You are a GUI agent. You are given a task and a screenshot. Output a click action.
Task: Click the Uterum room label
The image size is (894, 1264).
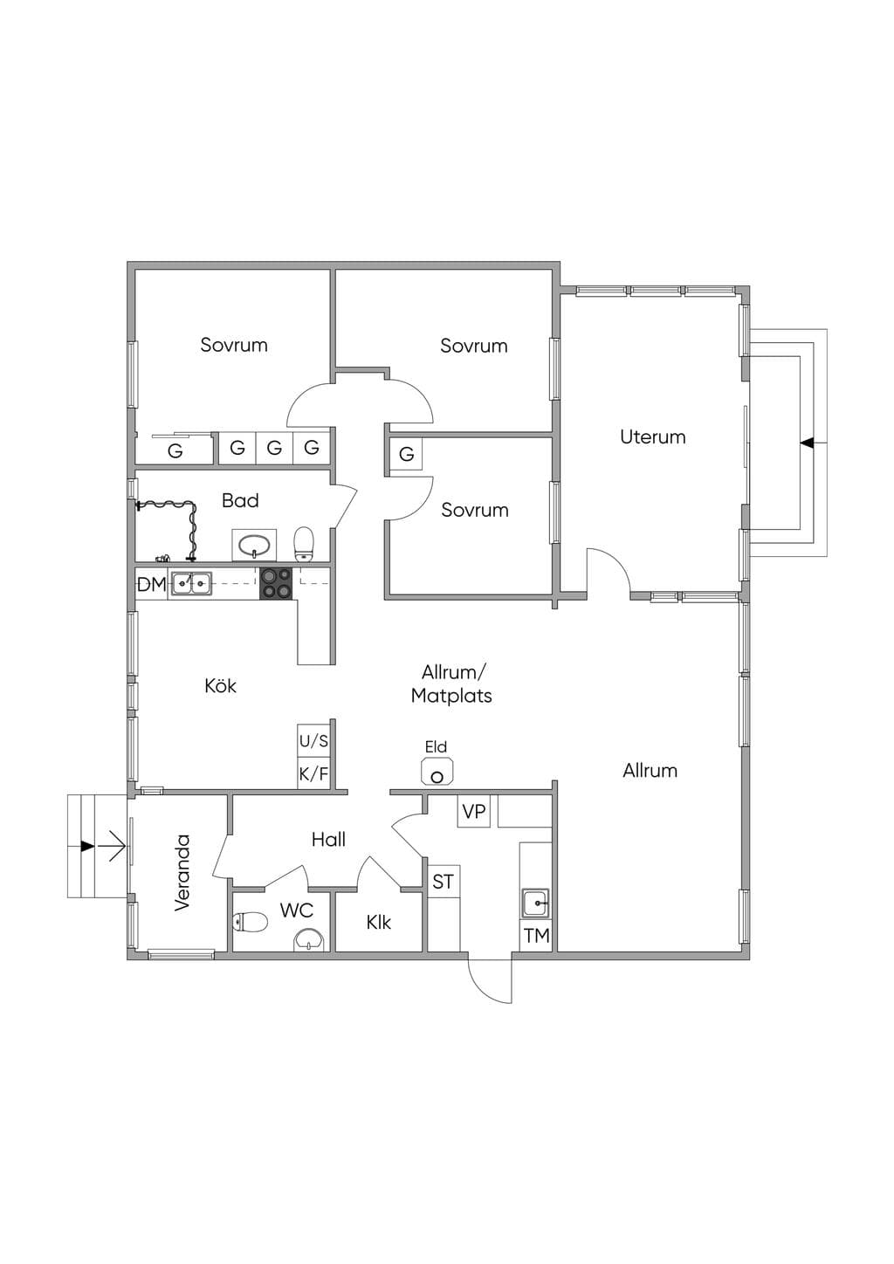click(x=652, y=436)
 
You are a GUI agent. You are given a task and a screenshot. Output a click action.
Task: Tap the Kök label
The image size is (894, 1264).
click(x=220, y=685)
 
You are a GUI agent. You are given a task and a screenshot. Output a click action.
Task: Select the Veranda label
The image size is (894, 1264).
click(x=182, y=872)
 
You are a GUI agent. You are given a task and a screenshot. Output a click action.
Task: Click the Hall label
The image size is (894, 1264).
click(x=328, y=840)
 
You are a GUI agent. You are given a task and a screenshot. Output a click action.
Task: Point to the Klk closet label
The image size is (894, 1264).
click(x=378, y=922)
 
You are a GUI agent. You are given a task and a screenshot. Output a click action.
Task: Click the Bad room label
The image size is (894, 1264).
click(x=240, y=500)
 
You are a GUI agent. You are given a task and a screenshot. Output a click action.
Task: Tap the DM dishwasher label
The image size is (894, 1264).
click(x=152, y=585)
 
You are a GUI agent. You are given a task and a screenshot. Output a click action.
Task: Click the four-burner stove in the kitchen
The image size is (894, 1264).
click(x=276, y=583)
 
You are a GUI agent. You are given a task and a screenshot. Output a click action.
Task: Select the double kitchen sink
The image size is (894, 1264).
click(x=192, y=583)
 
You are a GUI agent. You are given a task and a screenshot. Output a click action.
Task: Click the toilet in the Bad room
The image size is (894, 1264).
click(x=304, y=544)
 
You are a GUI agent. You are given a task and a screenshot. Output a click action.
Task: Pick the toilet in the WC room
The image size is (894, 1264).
click(x=250, y=922)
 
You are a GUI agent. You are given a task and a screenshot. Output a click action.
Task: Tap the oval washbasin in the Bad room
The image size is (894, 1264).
click(x=254, y=545)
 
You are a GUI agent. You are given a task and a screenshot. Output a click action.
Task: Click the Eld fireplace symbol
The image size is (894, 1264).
click(x=437, y=771)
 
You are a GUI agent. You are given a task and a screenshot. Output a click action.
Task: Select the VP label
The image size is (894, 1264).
click(x=473, y=812)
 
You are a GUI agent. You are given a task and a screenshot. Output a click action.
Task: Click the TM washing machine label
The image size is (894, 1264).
click(x=536, y=936)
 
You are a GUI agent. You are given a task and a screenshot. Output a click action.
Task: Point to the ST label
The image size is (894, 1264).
click(x=443, y=882)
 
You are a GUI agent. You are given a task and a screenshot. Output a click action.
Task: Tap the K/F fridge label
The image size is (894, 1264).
click(x=313, y=773)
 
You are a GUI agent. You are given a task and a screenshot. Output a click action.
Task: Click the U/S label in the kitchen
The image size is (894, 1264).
click(x=313, y=740)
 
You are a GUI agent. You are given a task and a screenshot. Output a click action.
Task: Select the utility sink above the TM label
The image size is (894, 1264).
click(x=535, y=903)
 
